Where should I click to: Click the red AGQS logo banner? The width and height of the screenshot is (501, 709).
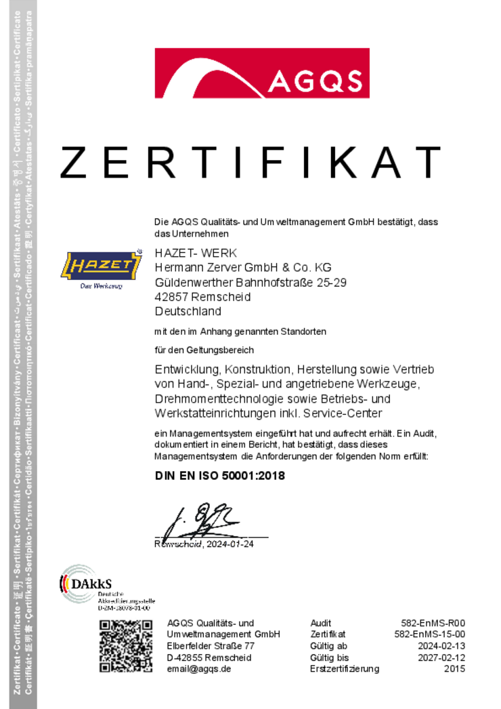[262, 73]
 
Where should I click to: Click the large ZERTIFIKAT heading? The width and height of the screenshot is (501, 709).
[250, 162]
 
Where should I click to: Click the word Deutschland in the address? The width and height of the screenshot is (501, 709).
[188, 312]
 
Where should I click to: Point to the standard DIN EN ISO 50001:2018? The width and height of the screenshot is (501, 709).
[220, 475]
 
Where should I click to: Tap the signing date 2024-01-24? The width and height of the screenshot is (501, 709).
[229, 544]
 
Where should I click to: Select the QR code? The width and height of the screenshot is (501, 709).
[125, 646]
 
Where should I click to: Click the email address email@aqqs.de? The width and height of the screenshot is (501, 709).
[199, 669]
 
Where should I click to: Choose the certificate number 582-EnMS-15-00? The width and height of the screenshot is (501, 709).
[430, 634]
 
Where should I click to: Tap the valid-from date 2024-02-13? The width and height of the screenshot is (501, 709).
[441, 646]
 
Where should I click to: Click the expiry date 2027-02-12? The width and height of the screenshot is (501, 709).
[441, 657]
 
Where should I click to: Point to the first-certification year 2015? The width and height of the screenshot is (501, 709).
[454, 669]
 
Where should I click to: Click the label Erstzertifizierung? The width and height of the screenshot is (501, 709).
[345, 669]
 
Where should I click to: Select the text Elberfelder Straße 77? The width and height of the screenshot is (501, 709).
[211, 646]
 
